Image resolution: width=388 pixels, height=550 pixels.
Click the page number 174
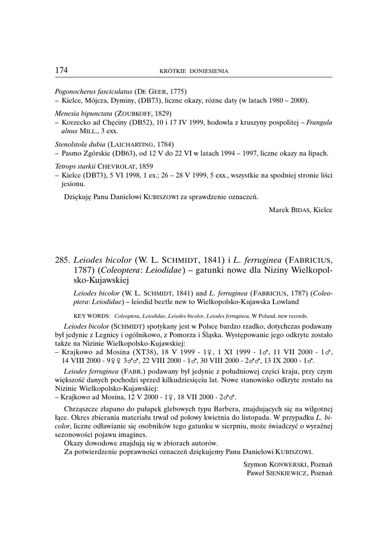[61, 70]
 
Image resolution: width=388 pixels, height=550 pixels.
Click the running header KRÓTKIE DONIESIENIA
[194, 71]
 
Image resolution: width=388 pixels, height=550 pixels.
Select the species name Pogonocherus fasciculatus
[94, 92]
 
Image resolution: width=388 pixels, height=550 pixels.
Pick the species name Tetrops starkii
[74, 166]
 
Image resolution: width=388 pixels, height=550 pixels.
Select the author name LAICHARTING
[132, 144]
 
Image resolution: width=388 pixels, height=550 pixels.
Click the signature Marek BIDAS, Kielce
[300, 209]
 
